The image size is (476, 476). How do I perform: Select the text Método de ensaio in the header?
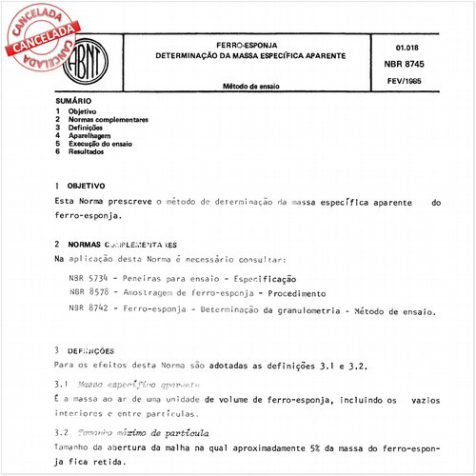point(250,87)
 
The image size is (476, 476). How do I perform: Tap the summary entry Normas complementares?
point(108,119)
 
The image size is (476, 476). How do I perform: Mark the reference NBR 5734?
point(89,276)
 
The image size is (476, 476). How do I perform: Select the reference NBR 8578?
point(89,293)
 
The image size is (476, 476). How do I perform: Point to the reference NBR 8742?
point(89,310)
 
